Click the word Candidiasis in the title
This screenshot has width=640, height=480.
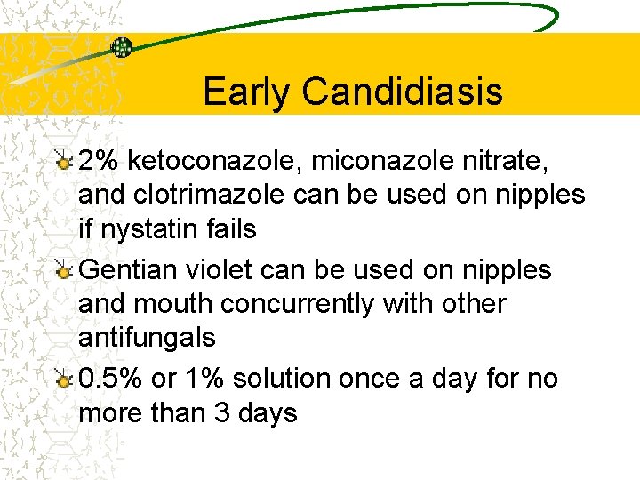pos(403,92)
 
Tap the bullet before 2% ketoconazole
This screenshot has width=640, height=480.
pos(63,161)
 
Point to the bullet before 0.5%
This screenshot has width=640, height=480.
pos(63,380)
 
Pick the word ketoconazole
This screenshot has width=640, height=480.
pos(214,161)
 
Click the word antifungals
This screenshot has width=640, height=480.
pos(148,338)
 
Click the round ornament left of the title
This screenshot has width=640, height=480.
pos(121,46)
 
